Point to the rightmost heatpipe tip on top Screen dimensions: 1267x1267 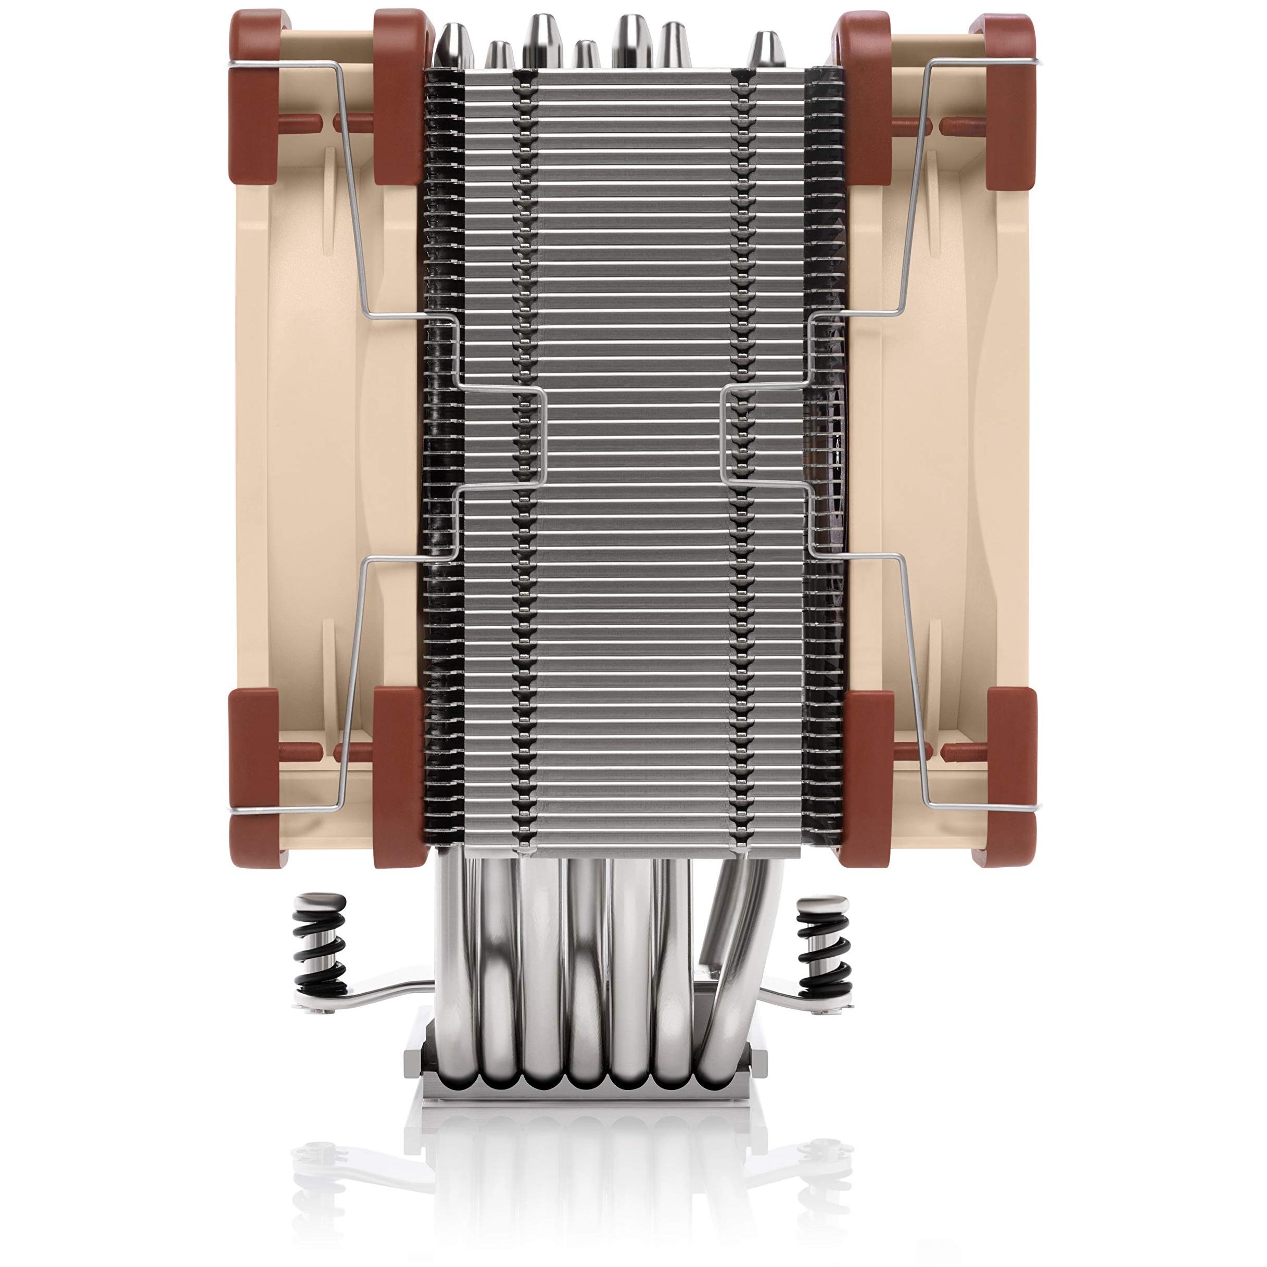tap(763, 49)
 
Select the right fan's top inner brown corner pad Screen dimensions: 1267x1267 tap(864, 98)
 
